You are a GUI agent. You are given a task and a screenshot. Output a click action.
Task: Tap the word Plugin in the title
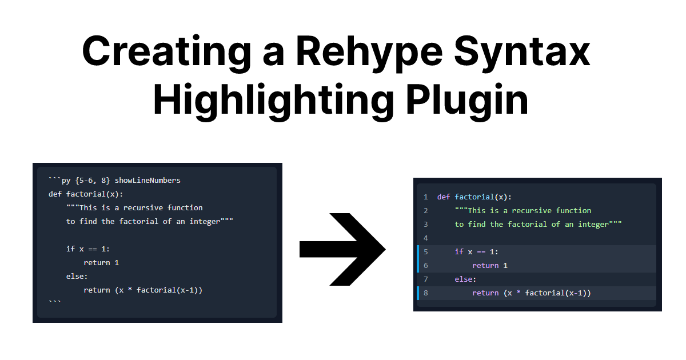pyautogui.click(x=468, y=101)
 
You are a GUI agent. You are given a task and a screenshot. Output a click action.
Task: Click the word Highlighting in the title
pyautogui.click(x=273, y=101)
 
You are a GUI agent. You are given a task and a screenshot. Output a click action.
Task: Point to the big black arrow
pyautogui.click(x=342, y=249)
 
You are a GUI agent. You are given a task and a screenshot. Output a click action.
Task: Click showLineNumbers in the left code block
pyautogui.click(x=147, y=181)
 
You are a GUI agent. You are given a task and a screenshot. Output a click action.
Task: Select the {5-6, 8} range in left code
pyautogui.click(x=93, y=181)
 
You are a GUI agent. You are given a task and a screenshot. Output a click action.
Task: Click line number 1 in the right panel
pyautogui.click(x=426, y=197)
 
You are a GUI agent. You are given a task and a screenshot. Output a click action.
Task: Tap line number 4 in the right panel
pyautogui.click(x=426, y=238)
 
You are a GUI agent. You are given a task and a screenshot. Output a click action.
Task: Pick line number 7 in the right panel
pyautogui.click(x=426, y=279)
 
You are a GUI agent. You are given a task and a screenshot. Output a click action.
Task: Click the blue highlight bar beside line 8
pyautogui.click(x=418, y=293)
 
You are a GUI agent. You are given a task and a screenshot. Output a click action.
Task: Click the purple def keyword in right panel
pyautogui.click(x=444, y=197)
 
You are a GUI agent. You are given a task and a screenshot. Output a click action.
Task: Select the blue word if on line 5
pyautogui.click(x=458, y=251)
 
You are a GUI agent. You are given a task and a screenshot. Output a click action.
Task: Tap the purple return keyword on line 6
pyautogui.click(x=485, y=265)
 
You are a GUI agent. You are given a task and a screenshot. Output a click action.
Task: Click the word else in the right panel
pyautogui.click(x=464, y=279)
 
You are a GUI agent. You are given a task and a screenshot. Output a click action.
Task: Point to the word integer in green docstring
pyautogui.click(x=593, y=225)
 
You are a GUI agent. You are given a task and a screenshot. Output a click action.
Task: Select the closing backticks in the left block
pyautogui.click(x=55, y=302)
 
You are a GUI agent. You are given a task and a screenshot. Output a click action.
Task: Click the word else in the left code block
pyautogui.click(x=75, y=277)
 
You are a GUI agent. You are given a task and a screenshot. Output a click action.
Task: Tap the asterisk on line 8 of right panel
pyautogui.click(x=519, y=292)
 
